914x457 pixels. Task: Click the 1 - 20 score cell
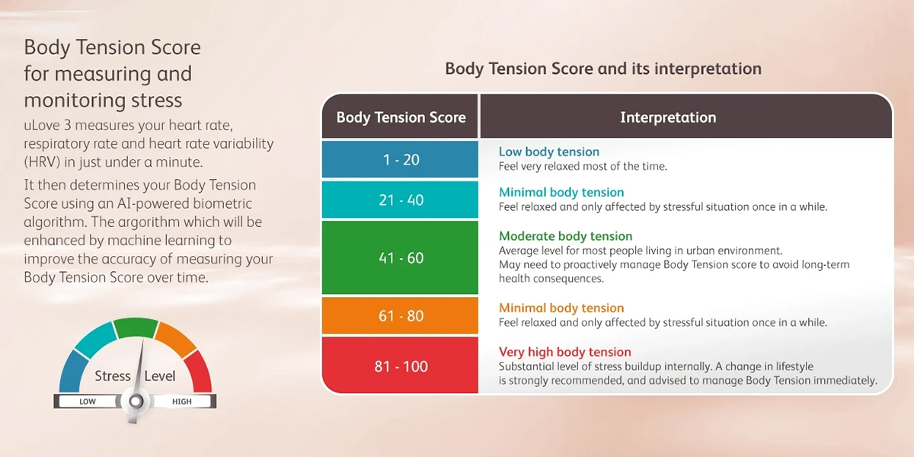coord(400,159)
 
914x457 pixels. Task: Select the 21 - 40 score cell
coord(400,200)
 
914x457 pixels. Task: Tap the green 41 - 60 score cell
coord(400,257)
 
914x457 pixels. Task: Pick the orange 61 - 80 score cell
coord(400,315)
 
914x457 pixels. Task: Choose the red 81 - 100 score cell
coord(400,365)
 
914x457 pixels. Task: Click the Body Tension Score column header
coord(400,117)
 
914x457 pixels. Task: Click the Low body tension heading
coord(549,152)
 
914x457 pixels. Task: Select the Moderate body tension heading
coord(565,236)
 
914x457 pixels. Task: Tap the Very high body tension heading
coord(564,352)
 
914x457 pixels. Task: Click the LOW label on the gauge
coord(88,401)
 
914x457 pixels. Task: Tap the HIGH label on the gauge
coord(181,401)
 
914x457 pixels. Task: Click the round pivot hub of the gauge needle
coord(136,401)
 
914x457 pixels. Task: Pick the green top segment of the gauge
coord(136,328)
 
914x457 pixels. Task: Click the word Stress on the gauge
coord(112,376)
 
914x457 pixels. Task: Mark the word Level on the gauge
coord(159,376)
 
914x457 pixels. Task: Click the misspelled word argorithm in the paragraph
coord(145,222)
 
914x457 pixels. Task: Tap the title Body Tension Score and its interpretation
coord(603,69)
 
